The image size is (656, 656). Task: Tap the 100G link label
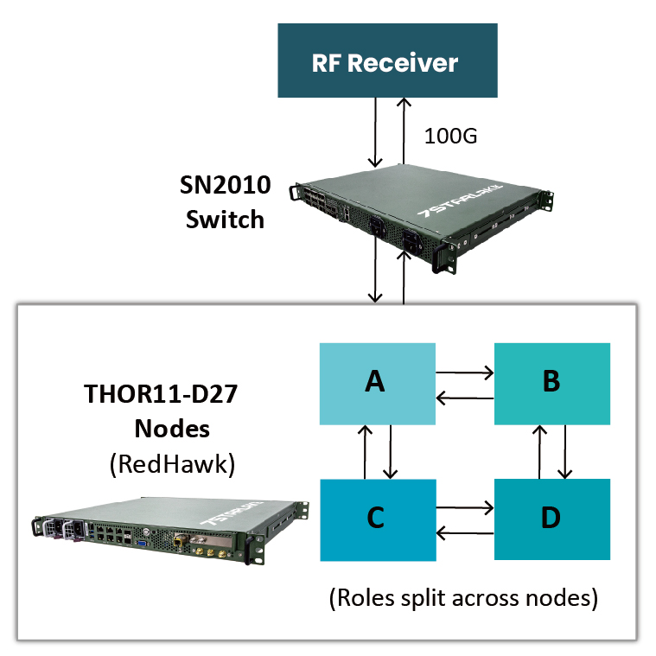pyautogui.click(x=451, y=136)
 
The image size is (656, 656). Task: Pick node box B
pyautogui.click(x=551, y=384)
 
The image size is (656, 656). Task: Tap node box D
pyautogui.click(x=551, y=519)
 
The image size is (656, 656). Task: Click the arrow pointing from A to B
pyautogui.click(x=464, y=373)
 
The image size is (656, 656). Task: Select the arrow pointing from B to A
pyautogui.click(x=464, y=398)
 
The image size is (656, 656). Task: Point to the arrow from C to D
pyautogui.click(x=464, y=507)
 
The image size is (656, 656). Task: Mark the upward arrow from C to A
pyautogui.click(x=366, y=451)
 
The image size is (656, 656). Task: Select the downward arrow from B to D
pyautogui.click(x=565, y=451)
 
